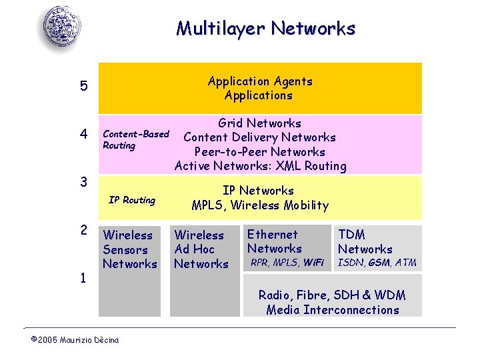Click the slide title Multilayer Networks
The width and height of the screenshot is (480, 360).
(x=265, y=29)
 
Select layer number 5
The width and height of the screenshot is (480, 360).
(x=83, y=86)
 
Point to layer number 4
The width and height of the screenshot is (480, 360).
(x=83, y=135)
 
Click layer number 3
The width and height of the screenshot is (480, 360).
(x=83, y=182)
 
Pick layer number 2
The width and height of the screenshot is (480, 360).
(x=83, y=231)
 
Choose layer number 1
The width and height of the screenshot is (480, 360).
(x=83, y=278)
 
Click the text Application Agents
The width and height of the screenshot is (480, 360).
(x=260, y=81)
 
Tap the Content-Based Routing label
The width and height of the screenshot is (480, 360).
(x=136, y=139)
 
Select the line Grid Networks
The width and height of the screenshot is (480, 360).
(x=260, y=123)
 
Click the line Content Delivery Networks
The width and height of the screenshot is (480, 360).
(x=260, y=137)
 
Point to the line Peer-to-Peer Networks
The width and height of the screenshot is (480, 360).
(x=260, y=152)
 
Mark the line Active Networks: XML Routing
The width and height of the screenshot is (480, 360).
(x=260, y=166)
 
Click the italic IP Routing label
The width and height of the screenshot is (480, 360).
(x=132, y=200)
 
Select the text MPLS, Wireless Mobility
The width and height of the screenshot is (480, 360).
(x=260, y=205)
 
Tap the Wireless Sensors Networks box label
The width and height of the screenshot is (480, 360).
(x=129, y=249)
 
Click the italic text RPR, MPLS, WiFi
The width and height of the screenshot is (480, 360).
(x=287, y=263)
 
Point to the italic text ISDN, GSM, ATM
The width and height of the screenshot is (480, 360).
(x=377, y=263)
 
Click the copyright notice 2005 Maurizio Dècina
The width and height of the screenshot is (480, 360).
(x=75, y=340)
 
